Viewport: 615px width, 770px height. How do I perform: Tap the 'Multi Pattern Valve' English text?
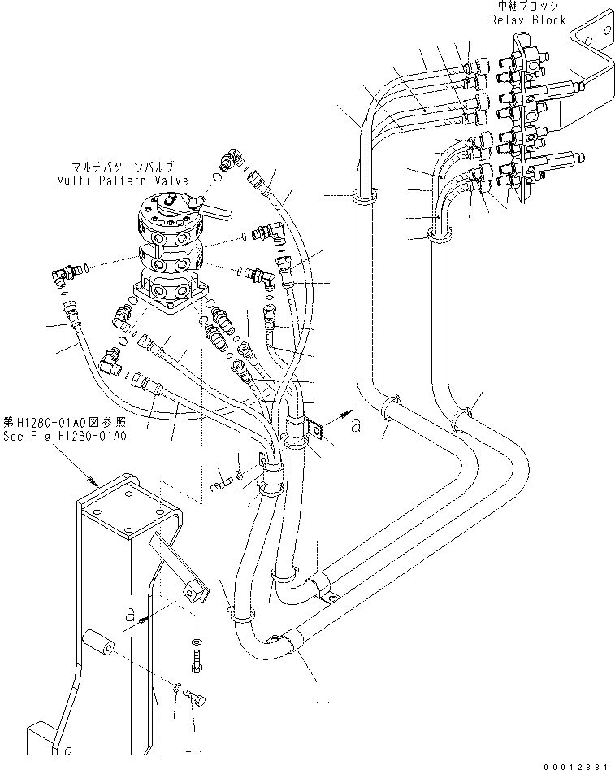(x=123, y=181)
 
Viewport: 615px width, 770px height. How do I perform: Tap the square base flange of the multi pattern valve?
(x=169, y=298)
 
